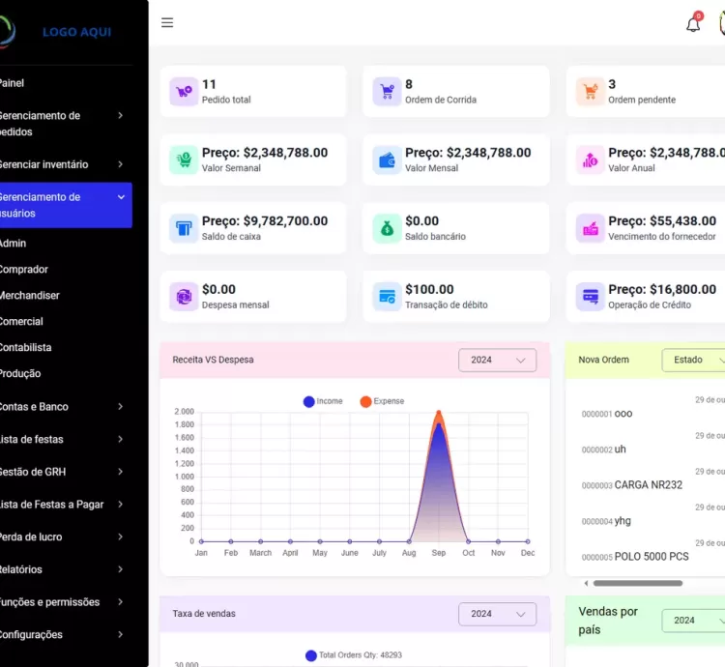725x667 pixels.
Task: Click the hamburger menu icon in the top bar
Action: [167, 23]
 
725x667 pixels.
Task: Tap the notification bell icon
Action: [693, 24]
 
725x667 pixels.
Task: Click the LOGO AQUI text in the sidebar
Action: [76, 32]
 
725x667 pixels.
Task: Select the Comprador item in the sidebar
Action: [24, 270]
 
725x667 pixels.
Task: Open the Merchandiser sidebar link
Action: [29, 296]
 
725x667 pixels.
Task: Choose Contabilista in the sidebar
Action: [26, 348]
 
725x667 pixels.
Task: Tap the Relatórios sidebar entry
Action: [21, 570]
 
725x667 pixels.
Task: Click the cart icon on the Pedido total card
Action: [184, 92]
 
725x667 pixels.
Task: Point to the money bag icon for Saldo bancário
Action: [387, 228]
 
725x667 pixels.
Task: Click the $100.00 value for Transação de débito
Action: [429, 289]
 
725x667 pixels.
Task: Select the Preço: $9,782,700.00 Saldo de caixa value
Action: [265, 221]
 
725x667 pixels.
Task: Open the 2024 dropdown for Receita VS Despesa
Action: [497, 361]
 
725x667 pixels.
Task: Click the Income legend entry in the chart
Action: [323, 401]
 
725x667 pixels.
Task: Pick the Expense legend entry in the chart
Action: [382, 401]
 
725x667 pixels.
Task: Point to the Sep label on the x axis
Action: [439, 553]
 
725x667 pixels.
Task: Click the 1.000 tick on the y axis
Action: [184, 477]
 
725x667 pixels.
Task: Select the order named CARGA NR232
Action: [648, 485]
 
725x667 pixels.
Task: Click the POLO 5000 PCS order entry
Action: [652, 557]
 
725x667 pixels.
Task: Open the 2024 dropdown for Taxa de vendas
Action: [497, 614]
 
